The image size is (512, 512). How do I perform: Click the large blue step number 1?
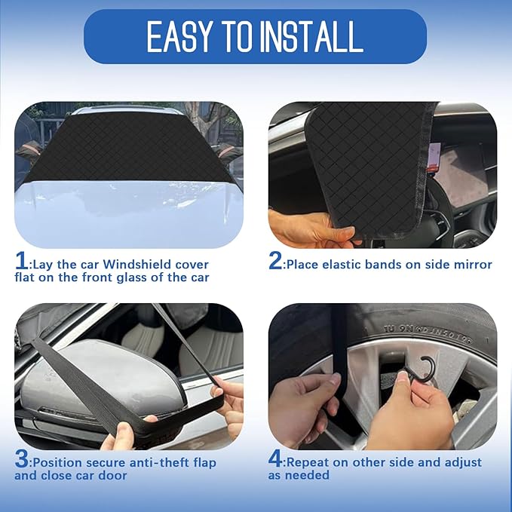click(x=22, y=262)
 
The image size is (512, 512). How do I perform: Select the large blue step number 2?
click(x=275, y=262)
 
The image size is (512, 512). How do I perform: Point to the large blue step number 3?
click(x=22, y=458)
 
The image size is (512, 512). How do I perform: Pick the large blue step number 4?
click(x=276, y=458)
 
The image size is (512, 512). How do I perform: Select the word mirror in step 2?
click(x=471, y=265)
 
